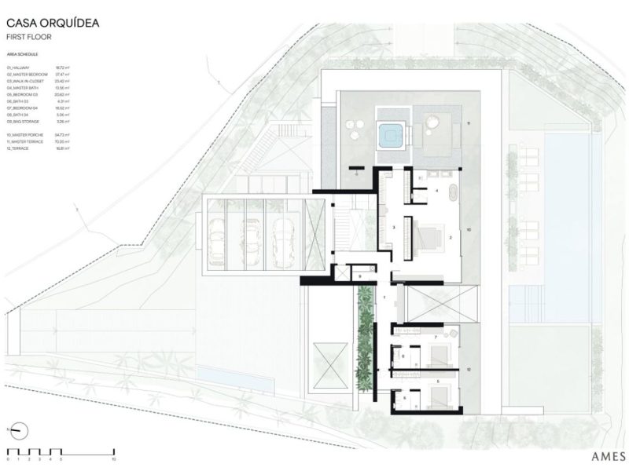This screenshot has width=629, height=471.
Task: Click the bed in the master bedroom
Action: [x=429, y=235]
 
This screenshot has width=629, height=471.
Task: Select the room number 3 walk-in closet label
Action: [x=392, y=227]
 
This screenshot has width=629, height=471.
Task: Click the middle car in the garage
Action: [x=252, y=232]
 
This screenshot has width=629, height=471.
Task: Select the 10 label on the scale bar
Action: [x=114, y=459]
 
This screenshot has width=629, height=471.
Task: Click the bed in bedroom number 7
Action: [x=447, y=350]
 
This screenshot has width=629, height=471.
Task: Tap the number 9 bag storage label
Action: [x=359, y=276]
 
